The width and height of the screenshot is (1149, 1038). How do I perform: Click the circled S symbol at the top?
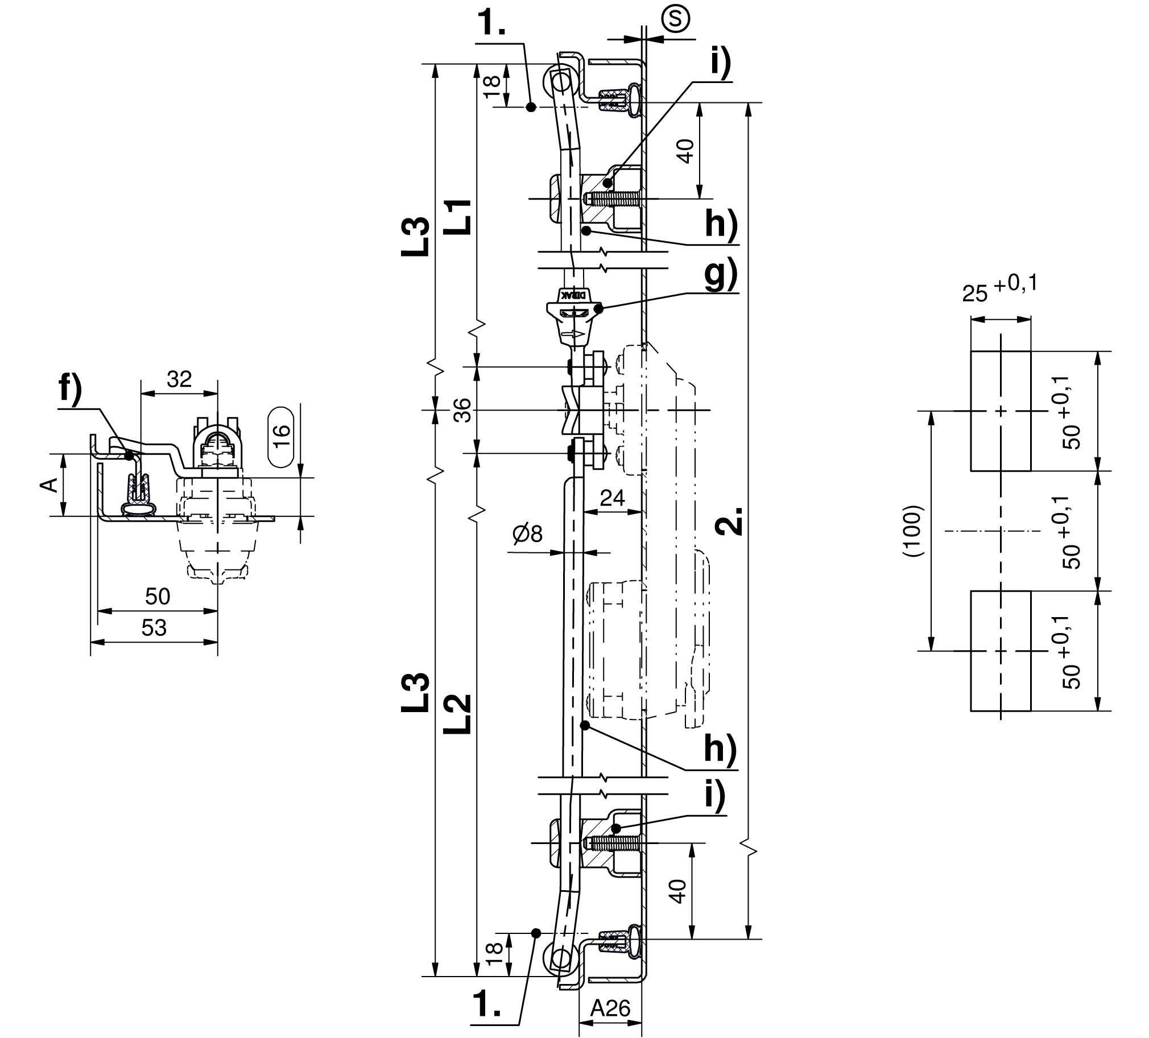pyautogui.click(x=675, y=19)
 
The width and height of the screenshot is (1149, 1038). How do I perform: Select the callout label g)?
pyautogui.click(x=721, y=276)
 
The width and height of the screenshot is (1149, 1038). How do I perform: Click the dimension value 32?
pyautogui.click(x=179, y=379)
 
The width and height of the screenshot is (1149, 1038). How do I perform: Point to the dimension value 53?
pyautogui.click(x=154, y=627)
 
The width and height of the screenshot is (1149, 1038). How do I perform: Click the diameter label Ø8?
pyautogui.click(x=528, y=534)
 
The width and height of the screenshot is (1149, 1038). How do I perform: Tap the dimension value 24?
pyautogui.click(x=613, y=498)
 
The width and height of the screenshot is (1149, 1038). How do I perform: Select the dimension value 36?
pyautogui.click(x=465, y=410)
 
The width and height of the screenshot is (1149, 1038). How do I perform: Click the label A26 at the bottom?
pyautogui.click(x=610, y=1008)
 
